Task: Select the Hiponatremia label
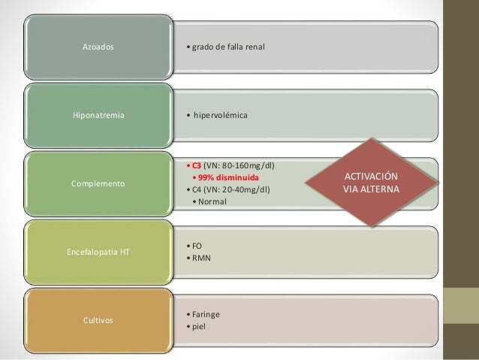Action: click(x=98, y=116)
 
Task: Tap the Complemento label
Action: click(x=98, y=183)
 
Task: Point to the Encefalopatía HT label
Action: click(x=98, y=251)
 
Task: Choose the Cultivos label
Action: click(x=98, y=320)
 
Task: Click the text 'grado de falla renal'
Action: click(x=230, y=48)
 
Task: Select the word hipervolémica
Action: click(x=225, y=116)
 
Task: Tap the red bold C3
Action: click(x=196, y=165)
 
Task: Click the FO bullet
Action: click(x=198, y=245)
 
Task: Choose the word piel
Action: click(x=200, y=326)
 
